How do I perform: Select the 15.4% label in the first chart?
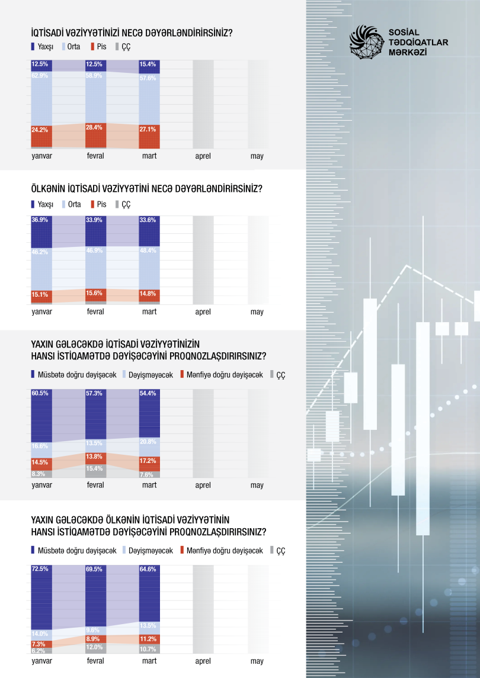149,63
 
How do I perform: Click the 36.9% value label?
40,220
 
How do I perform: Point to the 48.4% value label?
149,251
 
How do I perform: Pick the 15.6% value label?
95,293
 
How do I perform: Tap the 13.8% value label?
95,457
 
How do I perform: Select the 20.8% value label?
149,442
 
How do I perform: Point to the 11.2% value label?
149,639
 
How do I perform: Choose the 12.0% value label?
95,647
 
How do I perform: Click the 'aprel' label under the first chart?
203,156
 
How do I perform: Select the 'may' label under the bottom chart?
257,661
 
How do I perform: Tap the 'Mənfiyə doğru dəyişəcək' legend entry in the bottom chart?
220,551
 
